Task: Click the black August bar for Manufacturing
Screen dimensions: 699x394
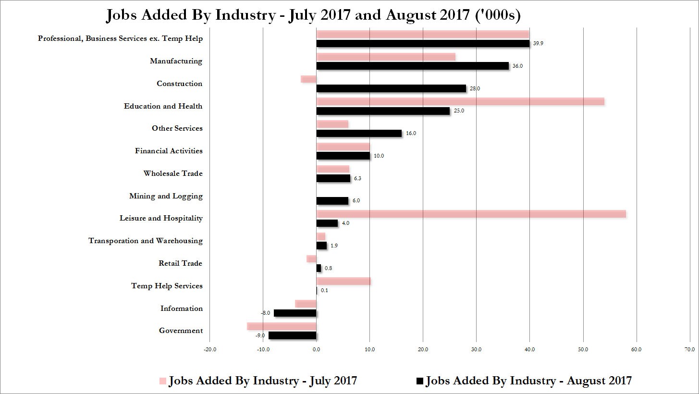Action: point(413,66)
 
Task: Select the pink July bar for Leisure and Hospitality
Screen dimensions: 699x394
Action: point(471,214)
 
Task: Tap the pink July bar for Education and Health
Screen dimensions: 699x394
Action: point(460,101)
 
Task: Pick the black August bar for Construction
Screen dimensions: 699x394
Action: point(391,88)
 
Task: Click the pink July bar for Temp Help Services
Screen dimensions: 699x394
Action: point(343,281)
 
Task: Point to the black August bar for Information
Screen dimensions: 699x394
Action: point(295,313)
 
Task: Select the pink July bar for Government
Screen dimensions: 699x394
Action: point(282,326)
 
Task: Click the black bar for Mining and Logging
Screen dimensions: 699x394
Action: point(332,201)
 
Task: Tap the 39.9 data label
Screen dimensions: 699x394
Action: point(538,43)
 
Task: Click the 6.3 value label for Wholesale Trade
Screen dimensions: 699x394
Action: point(357,178)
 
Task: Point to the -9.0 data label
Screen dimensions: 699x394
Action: point(260,335)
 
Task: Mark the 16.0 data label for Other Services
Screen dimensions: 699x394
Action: point(411,133)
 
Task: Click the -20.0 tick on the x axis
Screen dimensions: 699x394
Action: point(210,349)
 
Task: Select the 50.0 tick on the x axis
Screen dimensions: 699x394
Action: point(583,349)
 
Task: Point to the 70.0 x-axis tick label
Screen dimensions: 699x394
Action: point(690,349)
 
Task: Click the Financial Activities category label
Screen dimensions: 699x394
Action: point(169,151)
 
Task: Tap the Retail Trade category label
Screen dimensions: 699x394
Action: point(180,263)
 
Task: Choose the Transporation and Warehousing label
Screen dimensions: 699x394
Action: point(146,241)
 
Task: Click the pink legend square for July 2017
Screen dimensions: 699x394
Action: point(162,381)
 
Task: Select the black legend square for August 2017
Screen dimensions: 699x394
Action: point(420,381)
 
